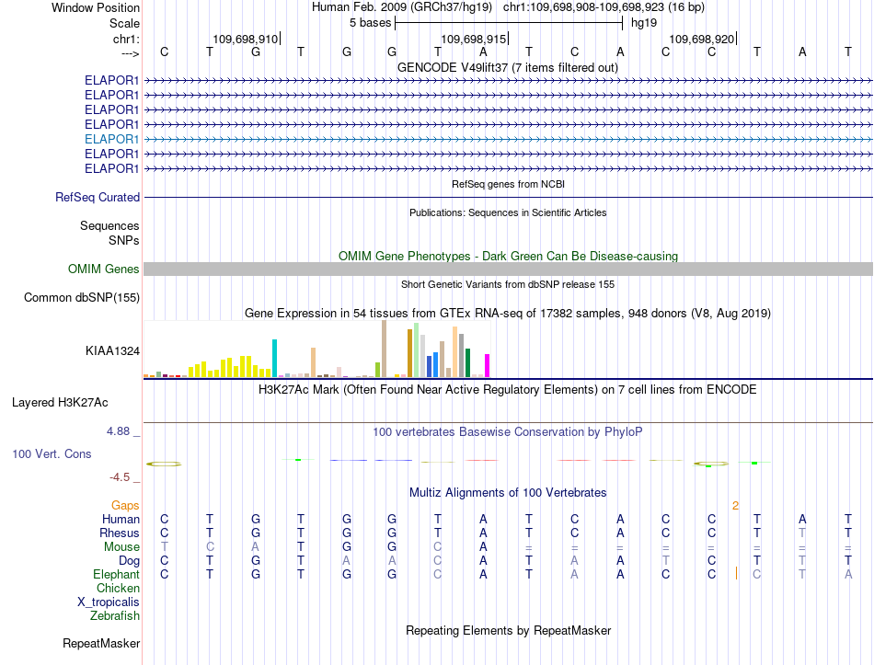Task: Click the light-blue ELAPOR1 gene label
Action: (x=111, y=140)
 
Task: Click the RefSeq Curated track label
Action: (x=98, y=198)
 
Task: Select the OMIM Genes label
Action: (x=104, y=269)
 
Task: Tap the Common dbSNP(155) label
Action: (x=82, y=298)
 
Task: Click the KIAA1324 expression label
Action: (x=112, y=351)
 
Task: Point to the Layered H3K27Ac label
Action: (x=60, y=403)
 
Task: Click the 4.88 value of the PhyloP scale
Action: (x=118, y=431)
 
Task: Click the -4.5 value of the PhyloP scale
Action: (x=120, y=477)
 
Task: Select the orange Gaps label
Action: (x=125, y=506)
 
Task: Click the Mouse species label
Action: (x=121, y=547)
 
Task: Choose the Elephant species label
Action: (x=117, y=575)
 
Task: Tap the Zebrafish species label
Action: (x=115, y=616)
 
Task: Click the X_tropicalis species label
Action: (x=109, y=602)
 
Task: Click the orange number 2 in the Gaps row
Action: (x=735, y=506)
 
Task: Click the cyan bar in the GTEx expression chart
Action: (x=274, y=358)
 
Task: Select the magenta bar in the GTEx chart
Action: (x=488, y=366)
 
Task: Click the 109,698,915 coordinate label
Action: (x=473, y=39)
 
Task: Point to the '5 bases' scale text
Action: (x=370, y=23)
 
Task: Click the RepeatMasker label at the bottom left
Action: (x=101, y=643)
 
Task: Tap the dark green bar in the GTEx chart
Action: (x=467, y=363)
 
